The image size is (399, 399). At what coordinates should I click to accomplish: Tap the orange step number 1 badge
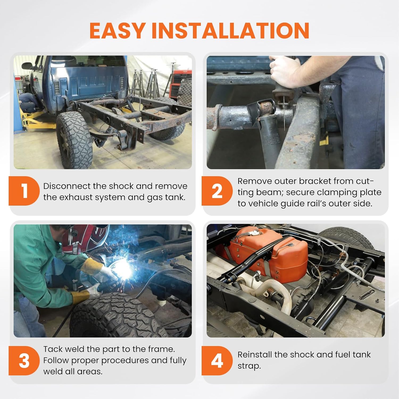[x=24, y=191]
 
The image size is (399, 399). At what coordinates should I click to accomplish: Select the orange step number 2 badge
[x=217, y=191]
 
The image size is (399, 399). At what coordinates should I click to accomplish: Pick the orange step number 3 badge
[x=24, y=361]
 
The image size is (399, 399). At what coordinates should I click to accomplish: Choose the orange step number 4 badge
[x=217, y=361]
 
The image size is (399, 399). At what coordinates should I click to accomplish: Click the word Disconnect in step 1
[x=66, y=186]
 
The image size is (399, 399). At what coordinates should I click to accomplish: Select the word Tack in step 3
[x=52, y=349]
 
